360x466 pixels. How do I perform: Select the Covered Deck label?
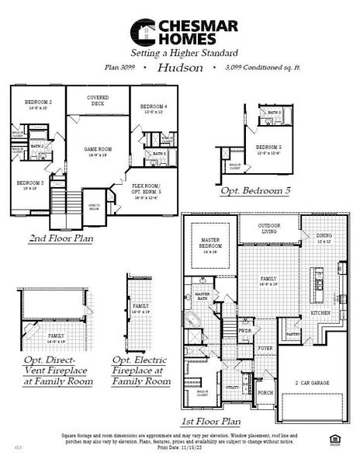(x=96, y=99)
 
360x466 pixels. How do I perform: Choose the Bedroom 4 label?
(x=154, y=109)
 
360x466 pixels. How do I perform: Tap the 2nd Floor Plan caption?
(x=61, y=238)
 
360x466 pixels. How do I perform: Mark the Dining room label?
(x=324, y=238)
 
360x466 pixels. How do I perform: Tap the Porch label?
(x=265, y=393)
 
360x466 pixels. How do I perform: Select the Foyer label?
(x=265, y=349)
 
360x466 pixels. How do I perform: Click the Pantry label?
(x=293, y=334)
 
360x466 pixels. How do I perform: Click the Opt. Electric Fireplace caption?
(x=141, y=371)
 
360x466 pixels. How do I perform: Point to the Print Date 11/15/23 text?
(x=179, y=447)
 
